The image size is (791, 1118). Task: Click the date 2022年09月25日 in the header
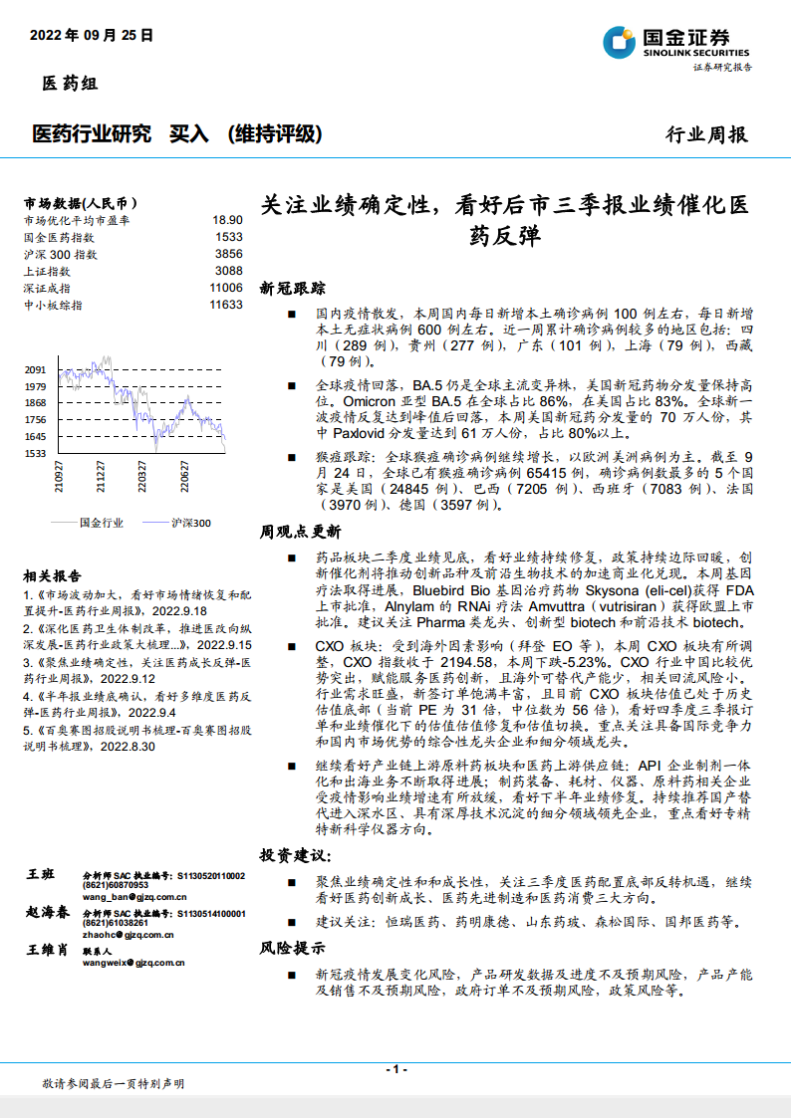[92, 35]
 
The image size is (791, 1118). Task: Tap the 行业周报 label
[705, 134]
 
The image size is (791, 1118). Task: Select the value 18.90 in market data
[227, 220]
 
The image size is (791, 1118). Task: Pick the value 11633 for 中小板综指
[226, 305]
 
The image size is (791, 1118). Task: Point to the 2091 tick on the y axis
[36, 369]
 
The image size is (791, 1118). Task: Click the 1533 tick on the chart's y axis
[36, 454]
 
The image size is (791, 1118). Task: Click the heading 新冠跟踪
[293, 289]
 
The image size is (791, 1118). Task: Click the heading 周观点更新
[300, 533]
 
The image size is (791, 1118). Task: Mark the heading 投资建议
[294, 855]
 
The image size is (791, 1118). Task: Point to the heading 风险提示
[293, 948]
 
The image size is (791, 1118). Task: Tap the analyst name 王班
[41, 873]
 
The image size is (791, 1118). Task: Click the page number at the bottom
[395, 1068]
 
